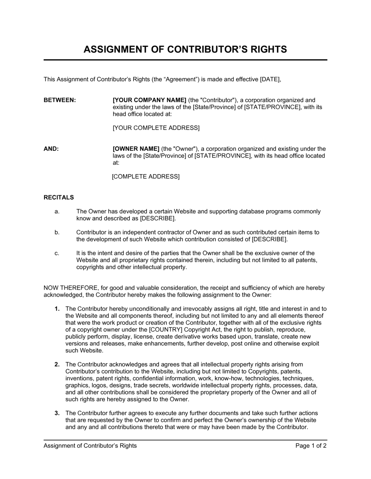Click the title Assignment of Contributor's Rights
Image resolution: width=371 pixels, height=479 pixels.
coord(185,49)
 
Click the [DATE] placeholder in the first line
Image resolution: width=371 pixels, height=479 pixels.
coord(270,79)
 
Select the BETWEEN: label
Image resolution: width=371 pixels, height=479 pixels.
coord(60,100)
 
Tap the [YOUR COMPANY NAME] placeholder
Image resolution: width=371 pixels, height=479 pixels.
coord(149,100)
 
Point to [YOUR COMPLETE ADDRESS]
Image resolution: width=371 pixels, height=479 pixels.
coord(156,128)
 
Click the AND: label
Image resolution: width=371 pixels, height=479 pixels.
coord(51,149)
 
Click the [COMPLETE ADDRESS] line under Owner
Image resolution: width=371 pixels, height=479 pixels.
coord(146,176)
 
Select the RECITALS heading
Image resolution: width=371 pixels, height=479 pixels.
coord(59,197)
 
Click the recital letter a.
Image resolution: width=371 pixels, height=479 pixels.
coord(57,211)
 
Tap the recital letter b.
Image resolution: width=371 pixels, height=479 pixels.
coord(57,232)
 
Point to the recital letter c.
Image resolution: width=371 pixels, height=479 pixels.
coord(57,253)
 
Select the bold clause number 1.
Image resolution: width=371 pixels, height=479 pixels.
coord(57,309)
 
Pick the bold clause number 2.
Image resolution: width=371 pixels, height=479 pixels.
coord(57,364)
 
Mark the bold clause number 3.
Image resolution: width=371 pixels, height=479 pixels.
coord(57,413)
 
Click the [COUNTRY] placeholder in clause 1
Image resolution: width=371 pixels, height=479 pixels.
coord(165,329)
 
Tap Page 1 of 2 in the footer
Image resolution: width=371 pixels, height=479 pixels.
coord(311,446)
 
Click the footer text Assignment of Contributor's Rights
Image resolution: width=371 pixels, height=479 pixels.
coord(90,446)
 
